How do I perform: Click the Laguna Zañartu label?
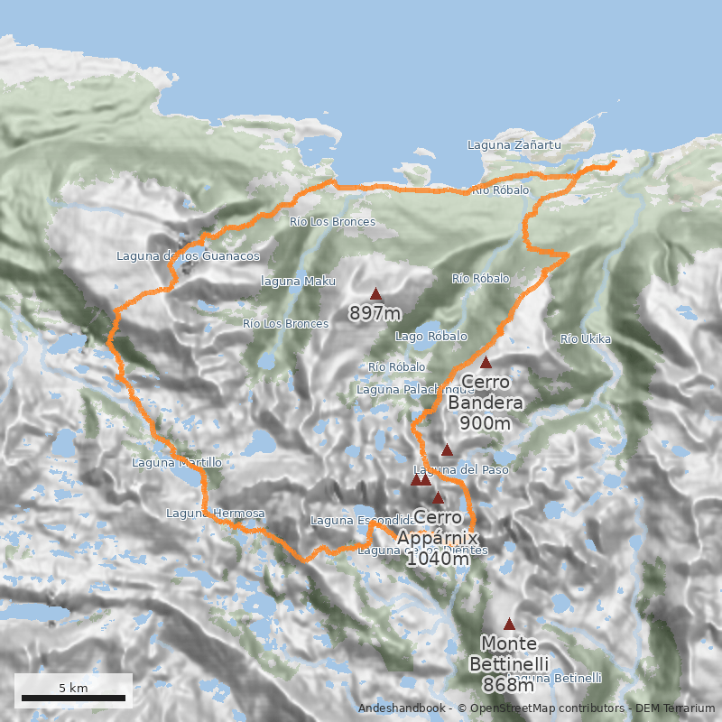pyautogui.click(x=514, y=144)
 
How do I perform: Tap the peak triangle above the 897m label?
pyautogui.click(x=376, y=293)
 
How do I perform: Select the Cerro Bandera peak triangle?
pyautogui.click(x=486, y=363)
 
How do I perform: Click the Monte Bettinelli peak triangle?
pyautogui.click(x=509, y=624)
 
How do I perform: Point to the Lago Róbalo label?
pyautogui.click(x=431, y=336)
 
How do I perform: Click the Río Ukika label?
pyautogui.click(x=586, y=339)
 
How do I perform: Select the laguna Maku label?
pyautogui.click(x=298, y=282)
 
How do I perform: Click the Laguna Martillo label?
pyautogui.click(x=177, y=463)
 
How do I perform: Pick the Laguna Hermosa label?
pyautogui.click(x=216, y=514)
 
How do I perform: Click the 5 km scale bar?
pyautogui.click(x=73, y=698)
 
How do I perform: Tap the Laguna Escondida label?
pyautogui.click(x=361, y=521)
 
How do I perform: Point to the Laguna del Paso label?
pyautogui.click(x=460, y=470)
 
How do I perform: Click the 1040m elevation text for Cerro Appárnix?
pyautogui.click(x=438, y=559)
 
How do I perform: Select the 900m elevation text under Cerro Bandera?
pyautogui.click(x=486, y=423)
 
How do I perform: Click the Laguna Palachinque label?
pyautogui.click(x=403, y=390)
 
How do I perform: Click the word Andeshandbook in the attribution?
pyautogui.click(x=402, y=708)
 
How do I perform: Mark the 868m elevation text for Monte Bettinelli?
pyautogui.click(x=509, y=686)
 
